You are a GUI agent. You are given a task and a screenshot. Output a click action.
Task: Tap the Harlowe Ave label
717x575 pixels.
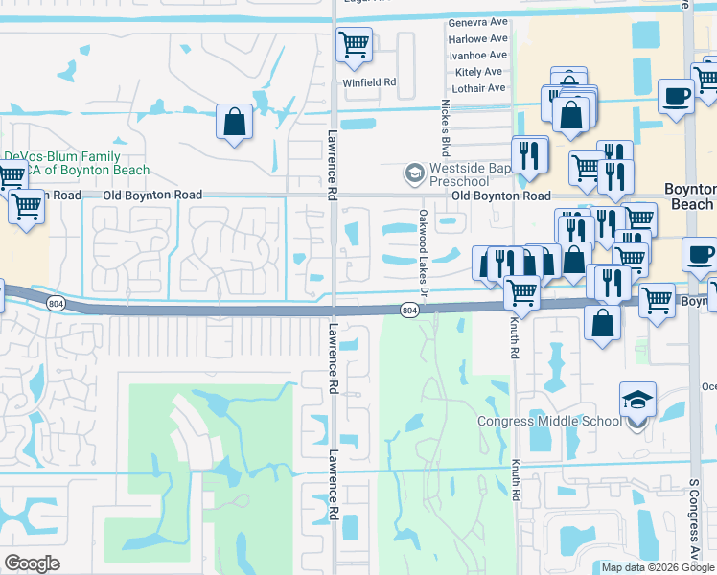[x=478, y=38]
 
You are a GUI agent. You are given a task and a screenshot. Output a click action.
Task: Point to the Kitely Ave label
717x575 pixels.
[x=479, y=72]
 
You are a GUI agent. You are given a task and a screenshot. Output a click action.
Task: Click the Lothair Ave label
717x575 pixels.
[x=478, y=88]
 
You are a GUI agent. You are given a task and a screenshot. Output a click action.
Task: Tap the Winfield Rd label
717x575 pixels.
[x=370, y=82]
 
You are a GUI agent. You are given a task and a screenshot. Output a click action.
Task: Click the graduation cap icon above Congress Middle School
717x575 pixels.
[x=636, y=398]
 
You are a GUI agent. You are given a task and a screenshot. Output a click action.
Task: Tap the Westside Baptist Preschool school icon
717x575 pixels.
[x=414, y=172]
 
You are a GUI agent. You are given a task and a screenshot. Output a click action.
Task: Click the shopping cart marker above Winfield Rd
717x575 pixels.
[x=354, y=44]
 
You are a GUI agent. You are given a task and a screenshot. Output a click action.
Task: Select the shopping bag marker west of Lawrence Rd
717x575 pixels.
[x=234, y=122]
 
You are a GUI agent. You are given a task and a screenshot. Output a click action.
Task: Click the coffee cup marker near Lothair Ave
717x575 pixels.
[x=676, y=96]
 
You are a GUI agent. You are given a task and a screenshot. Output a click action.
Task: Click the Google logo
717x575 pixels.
[x=32, y=563]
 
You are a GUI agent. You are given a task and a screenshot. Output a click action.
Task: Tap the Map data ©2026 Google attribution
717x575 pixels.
[x=657, y=567]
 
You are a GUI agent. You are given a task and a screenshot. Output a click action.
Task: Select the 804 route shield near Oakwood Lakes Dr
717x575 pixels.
[x=409, y=310]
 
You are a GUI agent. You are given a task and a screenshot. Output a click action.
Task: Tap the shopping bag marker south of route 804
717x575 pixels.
[x=601, y=323]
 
